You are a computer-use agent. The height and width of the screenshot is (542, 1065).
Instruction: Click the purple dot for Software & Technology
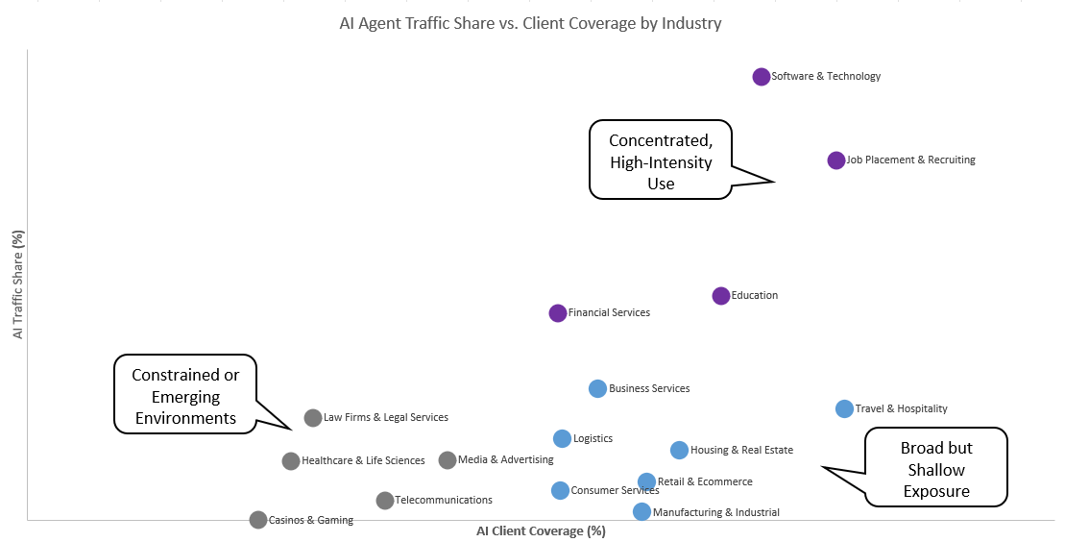(762, 77)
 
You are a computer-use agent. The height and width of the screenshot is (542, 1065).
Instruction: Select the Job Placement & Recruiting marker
(836, 160)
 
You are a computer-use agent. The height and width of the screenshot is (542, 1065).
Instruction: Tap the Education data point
(721, 296)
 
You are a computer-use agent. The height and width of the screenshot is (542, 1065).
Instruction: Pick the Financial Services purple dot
(558, 313)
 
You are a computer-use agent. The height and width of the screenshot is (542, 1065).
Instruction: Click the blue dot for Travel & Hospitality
(844, 409)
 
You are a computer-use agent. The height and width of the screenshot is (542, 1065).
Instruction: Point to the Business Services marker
(597, 389)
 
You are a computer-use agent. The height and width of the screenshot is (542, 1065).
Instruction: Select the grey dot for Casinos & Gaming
(258, 520)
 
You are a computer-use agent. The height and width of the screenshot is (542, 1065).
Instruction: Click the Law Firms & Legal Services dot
(313, 418)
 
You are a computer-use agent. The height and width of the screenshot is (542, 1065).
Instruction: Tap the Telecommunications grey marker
(385, 501)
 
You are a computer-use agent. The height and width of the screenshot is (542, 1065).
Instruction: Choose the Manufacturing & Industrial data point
(641, 512)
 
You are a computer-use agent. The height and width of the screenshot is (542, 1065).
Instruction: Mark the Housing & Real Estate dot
(679, 451)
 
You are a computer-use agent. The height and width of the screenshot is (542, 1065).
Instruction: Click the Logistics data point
(563, 439)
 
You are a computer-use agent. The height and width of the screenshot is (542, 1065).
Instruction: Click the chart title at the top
(530, 23)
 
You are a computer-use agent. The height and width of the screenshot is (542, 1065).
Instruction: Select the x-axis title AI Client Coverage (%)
(541, 531)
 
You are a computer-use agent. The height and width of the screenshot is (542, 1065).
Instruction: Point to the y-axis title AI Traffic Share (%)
(17, 284)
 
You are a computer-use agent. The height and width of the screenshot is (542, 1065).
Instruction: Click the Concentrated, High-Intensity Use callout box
(661, 160)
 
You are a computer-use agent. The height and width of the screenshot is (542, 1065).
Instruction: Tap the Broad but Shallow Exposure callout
(935, 470)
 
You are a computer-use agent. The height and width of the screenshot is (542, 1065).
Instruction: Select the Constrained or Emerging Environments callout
(185, 396)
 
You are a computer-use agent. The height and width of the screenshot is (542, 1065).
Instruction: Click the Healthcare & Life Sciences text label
(363, 461)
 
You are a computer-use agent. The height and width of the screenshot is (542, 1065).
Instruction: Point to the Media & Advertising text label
(505, 460)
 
